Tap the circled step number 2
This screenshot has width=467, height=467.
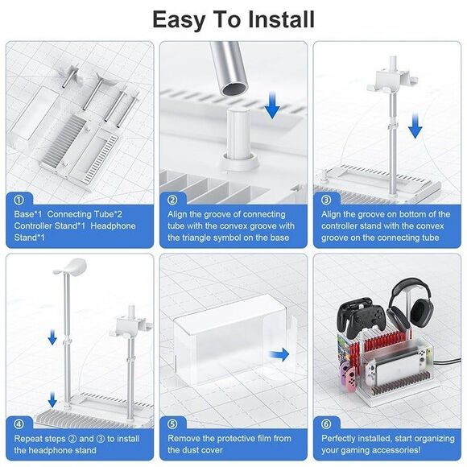pos(172,199)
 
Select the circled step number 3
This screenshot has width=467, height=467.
pos(326,199)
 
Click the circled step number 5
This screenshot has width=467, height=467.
pos(172,423)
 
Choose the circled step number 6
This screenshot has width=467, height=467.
pos(326,423)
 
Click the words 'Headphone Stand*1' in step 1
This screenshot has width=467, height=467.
pos(97,226)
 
